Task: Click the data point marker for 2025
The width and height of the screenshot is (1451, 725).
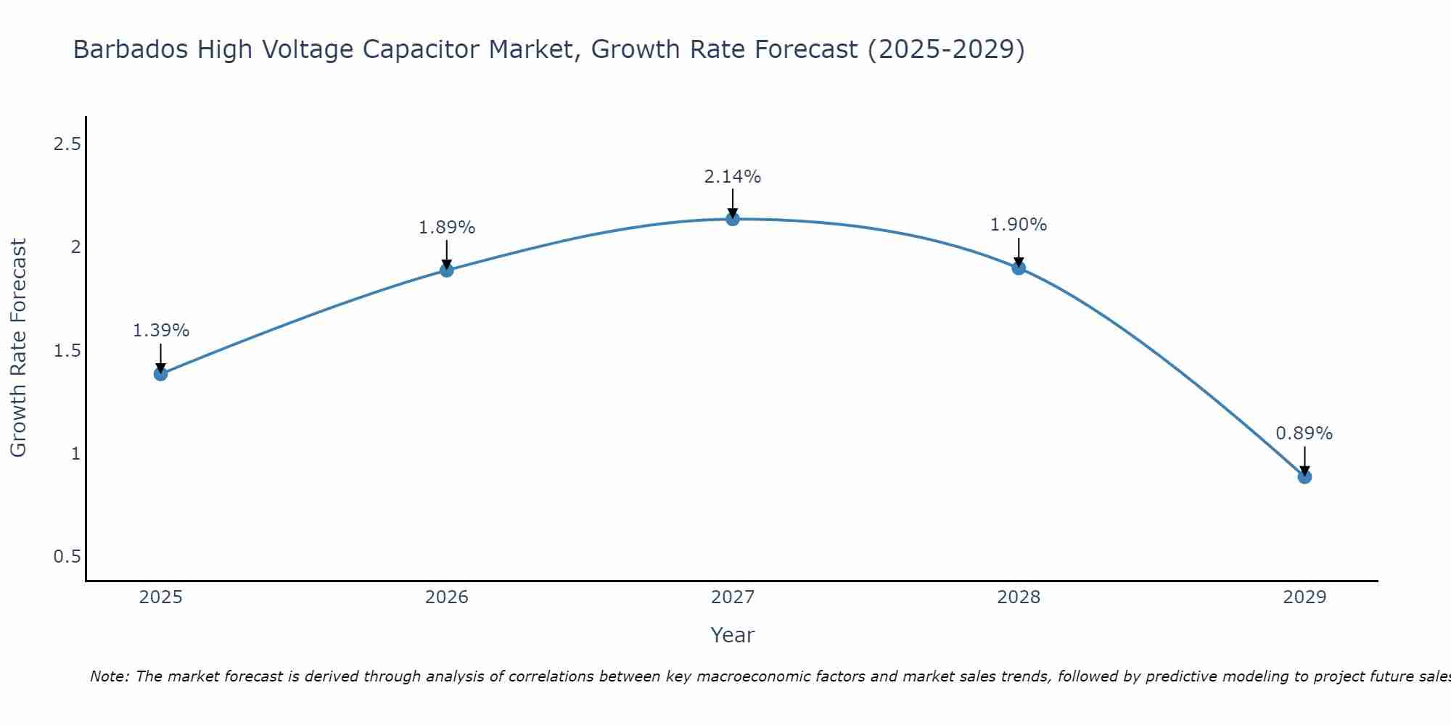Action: tap(161, 374)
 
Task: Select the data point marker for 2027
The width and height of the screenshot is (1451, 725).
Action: tap(733, 219)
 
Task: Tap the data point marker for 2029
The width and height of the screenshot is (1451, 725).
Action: tap(1304, 477)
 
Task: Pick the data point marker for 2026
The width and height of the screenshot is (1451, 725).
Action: tap(447, 270)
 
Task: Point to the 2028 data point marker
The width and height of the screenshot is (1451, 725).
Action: tap(1019, 268)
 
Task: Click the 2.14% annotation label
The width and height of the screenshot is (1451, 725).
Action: tap(733, 177)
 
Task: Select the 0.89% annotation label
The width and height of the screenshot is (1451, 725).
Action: tap(1304, 434)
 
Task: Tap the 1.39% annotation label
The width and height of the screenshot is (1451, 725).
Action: tap(161, 331)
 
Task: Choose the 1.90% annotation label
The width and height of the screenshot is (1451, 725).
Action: tap(1019, 225)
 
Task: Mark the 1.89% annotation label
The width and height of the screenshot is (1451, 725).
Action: tap(447, 228)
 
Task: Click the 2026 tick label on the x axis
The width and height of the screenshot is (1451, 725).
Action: tap(447, 597)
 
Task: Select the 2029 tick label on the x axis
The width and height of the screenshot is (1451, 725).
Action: tap(1304, 597)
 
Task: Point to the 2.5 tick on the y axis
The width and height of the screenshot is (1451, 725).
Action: tap(67, 144)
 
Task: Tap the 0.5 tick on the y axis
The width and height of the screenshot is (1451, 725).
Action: tap(67, 557)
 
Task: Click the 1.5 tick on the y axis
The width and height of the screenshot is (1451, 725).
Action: tap(67, 351)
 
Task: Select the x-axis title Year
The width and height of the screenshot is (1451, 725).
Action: tap(733, 635)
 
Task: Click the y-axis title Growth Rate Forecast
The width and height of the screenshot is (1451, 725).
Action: tap(18, 348)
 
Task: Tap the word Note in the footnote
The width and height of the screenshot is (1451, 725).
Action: tap(109, 676)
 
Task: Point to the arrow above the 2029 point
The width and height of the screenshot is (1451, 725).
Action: tap(1304, 460)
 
